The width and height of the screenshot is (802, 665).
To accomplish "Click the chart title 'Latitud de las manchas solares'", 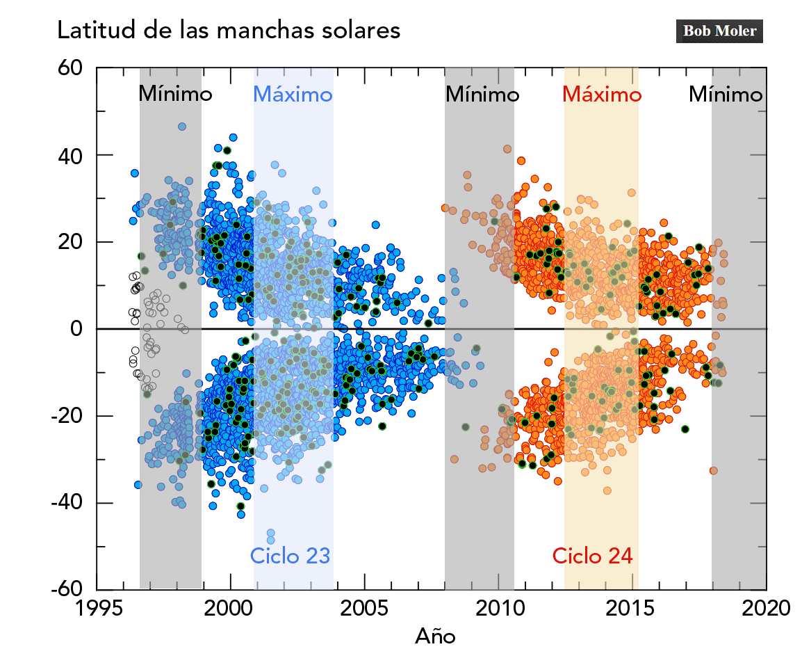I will [229, 31].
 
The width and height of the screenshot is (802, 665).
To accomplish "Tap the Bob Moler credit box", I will [719, 31].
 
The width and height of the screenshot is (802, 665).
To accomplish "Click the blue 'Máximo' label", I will [293, 94].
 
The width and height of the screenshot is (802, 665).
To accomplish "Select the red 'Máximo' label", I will [601, 94].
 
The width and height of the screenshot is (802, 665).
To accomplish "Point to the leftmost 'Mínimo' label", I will [175, 94].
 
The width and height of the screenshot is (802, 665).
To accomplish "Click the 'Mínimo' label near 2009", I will [482, 94].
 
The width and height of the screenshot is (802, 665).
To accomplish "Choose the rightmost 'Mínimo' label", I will [726, 94].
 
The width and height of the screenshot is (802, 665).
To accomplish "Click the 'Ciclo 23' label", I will [290, 555].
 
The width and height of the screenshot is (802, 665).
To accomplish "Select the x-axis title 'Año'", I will [435, 635].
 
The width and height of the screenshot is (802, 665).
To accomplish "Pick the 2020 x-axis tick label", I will [767, 607].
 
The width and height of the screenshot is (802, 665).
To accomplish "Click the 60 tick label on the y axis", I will [69, 68].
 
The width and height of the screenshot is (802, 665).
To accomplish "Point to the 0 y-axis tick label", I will [77, 329].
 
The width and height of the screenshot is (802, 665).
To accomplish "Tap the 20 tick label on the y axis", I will [69, 242].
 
